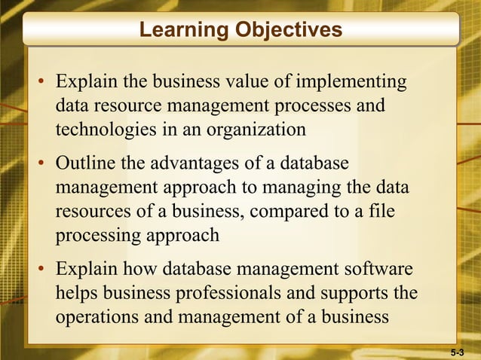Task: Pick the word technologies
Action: click(106, 130)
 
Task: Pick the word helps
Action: click(78, 293)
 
